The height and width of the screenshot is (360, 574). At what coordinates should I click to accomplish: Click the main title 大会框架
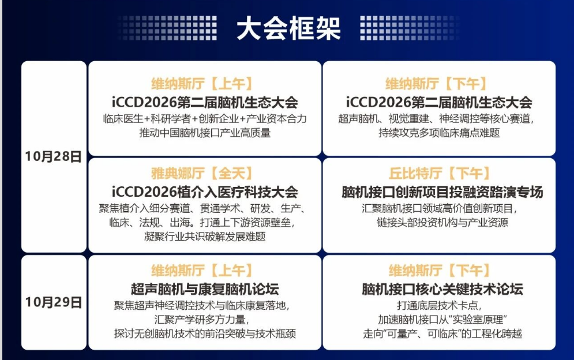[x=288, y=28]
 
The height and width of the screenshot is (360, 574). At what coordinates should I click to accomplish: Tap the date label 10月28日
[x=54, y=156]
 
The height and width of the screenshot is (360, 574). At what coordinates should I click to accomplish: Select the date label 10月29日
[x=54, y=302]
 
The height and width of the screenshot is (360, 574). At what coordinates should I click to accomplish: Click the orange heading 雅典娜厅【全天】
[x=202, y=173]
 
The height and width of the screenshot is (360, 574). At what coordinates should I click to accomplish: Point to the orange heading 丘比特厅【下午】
[x=439, y=173]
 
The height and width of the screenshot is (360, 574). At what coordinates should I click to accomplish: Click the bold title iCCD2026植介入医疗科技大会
[x=205, y=192]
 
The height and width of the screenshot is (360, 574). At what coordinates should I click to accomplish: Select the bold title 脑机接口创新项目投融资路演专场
[x=442, y=192]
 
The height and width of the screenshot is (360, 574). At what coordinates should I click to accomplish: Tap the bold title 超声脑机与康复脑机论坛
[x=205, y=289]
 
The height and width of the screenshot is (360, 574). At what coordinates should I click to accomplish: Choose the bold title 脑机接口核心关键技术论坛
[x=442, y=289]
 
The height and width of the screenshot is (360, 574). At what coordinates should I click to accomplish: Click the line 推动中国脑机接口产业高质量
[x=205, y=133]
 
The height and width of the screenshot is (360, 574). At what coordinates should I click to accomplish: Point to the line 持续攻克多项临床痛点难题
[x=439, y=133]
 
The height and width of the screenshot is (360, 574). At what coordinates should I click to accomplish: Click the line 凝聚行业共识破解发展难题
[x=205, y=236]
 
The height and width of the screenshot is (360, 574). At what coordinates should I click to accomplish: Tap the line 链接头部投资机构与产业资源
[x=442, y=222]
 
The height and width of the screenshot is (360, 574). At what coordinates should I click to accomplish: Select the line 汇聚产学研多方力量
[x=202, y=320]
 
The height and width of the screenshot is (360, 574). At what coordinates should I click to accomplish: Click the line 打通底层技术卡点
[x=439, y=305]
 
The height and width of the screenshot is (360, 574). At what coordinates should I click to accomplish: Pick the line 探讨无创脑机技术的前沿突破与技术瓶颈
[x=205, y=333]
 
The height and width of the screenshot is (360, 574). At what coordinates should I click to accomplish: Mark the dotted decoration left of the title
[x=168, y=28]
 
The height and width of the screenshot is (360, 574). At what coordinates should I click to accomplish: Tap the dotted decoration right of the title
[x=409, y=28]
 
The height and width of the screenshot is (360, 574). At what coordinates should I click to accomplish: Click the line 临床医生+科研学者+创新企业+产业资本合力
[x=205, y=119]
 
